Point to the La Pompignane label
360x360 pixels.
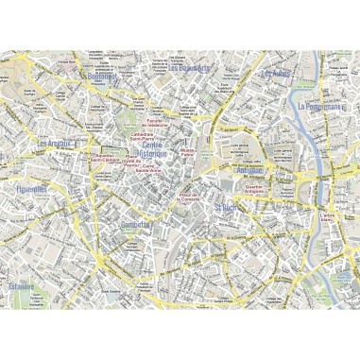tap(326, 108)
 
